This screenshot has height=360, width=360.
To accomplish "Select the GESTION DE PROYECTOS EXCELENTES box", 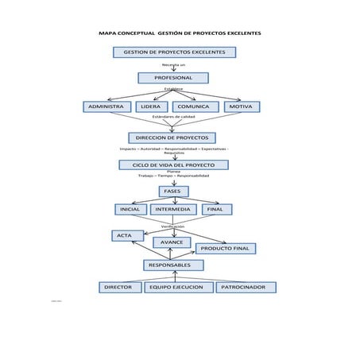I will pos(174,52).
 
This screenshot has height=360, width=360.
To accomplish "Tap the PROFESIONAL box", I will pos(173,78).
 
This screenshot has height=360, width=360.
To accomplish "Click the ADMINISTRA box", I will pos(106,106).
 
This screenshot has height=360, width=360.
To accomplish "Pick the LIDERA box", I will pos(151,106).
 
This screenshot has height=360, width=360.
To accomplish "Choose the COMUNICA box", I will pos(194,106).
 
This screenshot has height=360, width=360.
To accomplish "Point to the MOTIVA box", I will pos(241,106).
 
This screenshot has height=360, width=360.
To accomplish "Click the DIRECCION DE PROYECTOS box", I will pos(172,137).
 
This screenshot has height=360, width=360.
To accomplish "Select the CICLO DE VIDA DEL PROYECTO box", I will pos(173,165).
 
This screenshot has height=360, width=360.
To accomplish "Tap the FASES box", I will pos(173,192).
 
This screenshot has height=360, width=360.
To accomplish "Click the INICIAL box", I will pos(130,210).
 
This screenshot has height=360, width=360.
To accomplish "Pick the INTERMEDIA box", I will pos(173,210).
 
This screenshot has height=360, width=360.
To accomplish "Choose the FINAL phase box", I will pos(215,210).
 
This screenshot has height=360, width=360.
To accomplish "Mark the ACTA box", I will pos(127,235).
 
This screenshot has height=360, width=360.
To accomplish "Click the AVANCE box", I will pos(172,242).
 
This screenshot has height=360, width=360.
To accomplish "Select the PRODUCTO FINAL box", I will pos(226,249).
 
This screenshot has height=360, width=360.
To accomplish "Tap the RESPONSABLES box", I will pos(170,265).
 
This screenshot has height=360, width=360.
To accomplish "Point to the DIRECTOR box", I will pos(119,287).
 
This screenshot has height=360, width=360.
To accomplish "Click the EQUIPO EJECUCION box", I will pos(178,287).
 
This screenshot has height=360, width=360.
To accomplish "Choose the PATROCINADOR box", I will pos(246,287).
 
